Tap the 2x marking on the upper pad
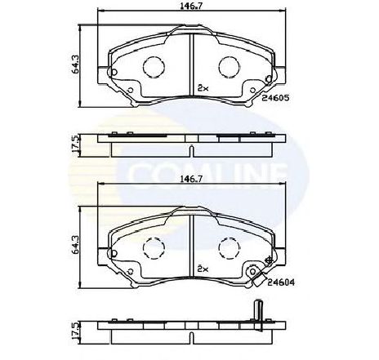point(203,86)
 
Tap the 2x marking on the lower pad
point(203,268)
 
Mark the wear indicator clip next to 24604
point(256,274)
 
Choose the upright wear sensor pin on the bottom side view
point(256,313)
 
